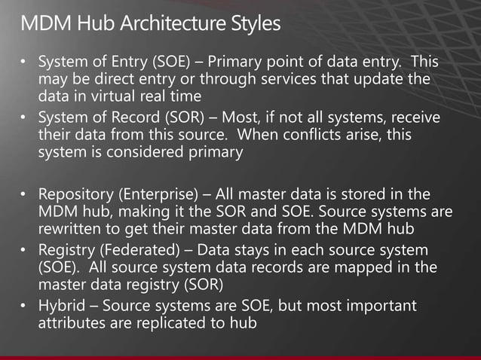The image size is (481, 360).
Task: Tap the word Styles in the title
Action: pos(252,23)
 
